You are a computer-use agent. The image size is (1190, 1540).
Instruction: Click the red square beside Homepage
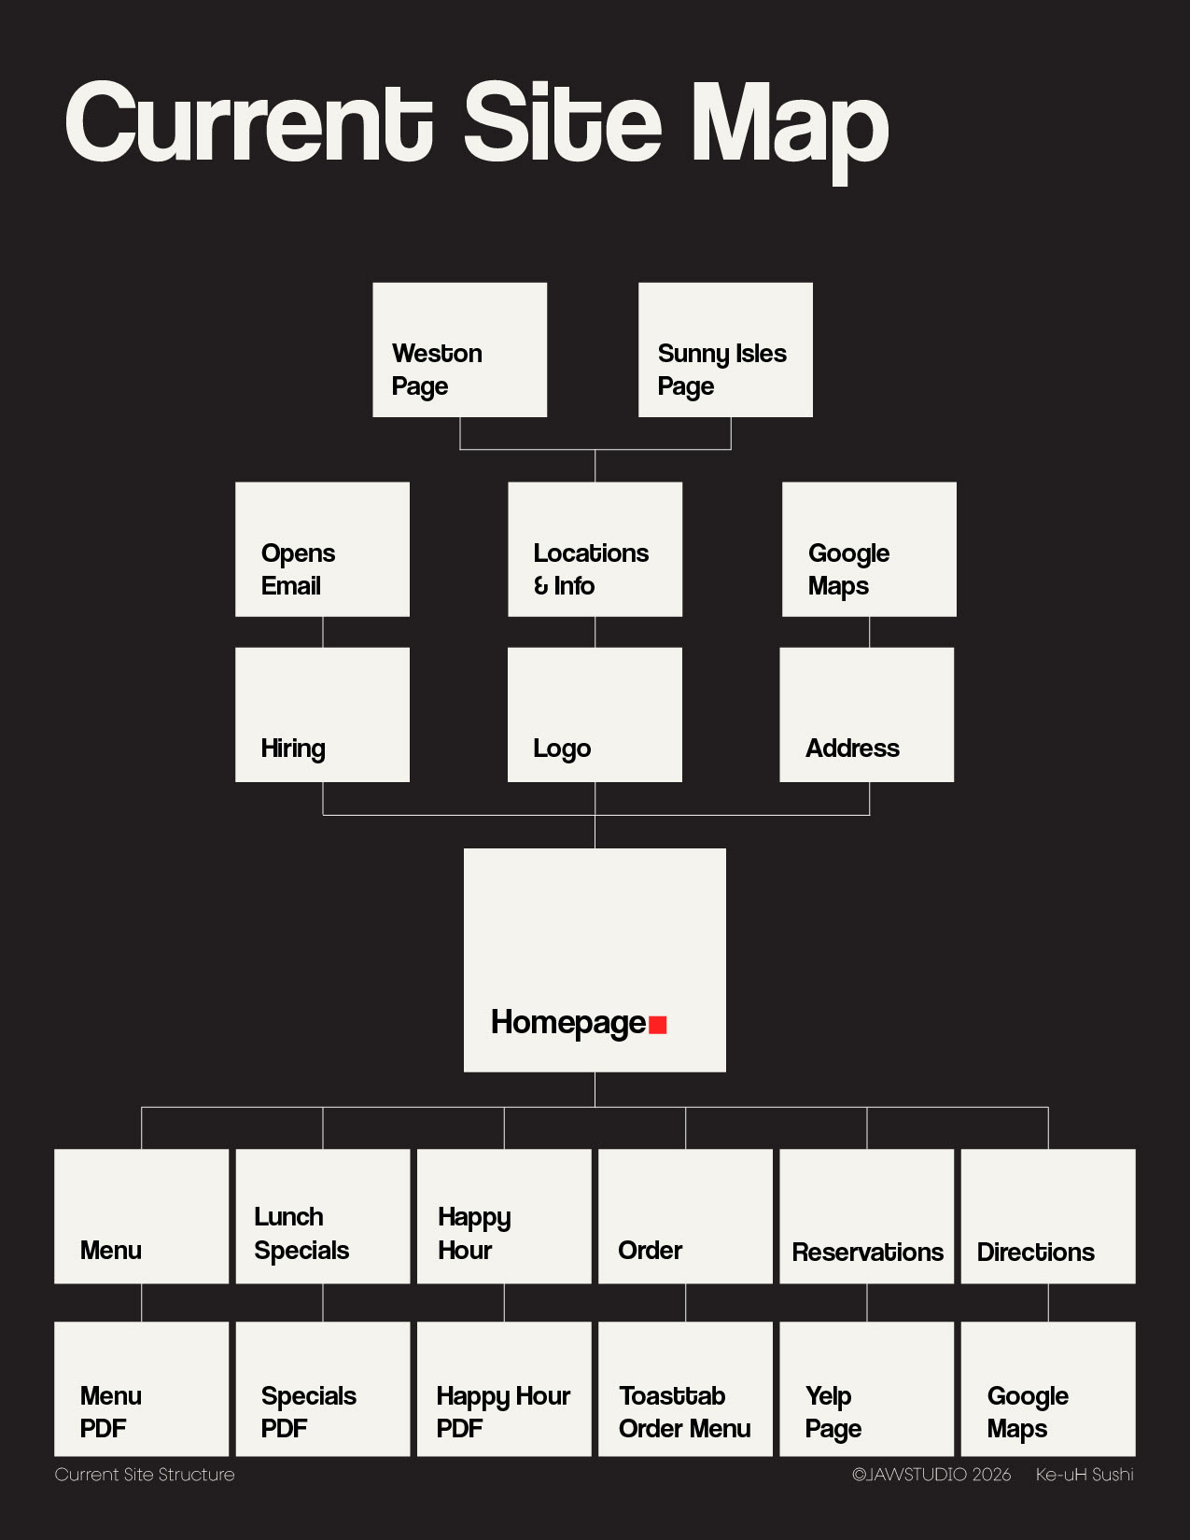click(x=658, y=1025)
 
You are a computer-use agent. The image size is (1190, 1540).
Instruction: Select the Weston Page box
click(x=459, y=350)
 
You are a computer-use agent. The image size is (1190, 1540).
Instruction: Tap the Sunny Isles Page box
click(x=725, y=350)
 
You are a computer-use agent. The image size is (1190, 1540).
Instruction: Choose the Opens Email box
click(x=322, y=549)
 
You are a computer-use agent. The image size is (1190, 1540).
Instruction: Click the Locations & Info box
click(x=595, y=549)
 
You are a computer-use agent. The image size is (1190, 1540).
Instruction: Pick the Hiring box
click(x=322, y=714)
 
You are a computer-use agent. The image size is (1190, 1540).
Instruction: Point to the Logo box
click(x=595, y=714)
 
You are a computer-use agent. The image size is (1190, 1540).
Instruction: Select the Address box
click(x=866, y=714)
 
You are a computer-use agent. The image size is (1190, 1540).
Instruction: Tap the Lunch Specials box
click(x=322, y=1215)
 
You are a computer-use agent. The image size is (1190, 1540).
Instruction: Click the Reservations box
click(x=866, y=1215)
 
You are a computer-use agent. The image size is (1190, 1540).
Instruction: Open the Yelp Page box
click(x=866, y=1388)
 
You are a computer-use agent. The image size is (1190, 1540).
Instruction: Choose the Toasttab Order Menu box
click(x=685, y=1388)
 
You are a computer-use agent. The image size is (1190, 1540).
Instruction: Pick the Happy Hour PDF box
click(x=504, y=1388)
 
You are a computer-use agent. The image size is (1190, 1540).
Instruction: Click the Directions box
click(x=1048, y=1215)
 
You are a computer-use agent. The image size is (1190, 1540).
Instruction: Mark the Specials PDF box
click(x=322, y=1388)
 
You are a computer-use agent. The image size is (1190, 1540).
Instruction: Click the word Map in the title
click(x=789, y=126)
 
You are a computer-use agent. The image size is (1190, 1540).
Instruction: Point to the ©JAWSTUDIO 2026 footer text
click(x=931, y=1475)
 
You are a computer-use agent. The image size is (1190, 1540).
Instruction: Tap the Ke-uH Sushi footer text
click(x=1085, y=1475)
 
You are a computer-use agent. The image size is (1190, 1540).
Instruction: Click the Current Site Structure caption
click(x=145, y=1475)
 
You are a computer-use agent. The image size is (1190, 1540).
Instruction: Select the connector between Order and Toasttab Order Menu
click(x=686, y=1302)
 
